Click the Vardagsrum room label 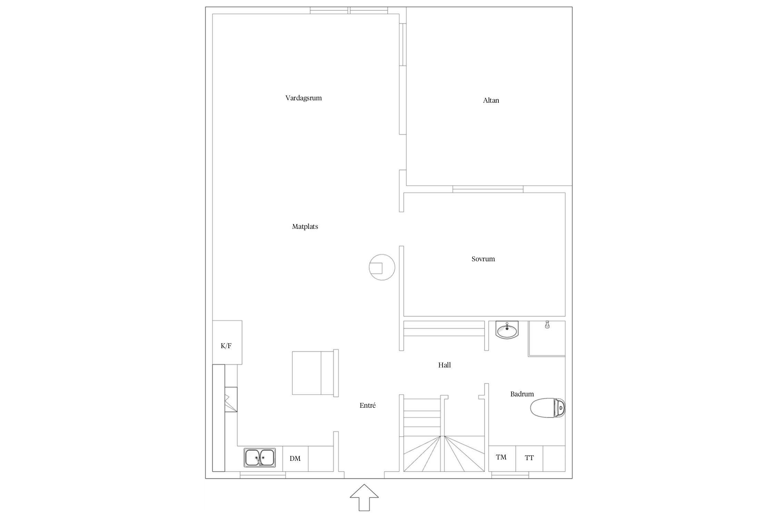tap(304, 98)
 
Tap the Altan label tap(491, 101)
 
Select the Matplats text tap(305, 227)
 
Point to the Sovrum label tap(483, 259)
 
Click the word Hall tap(445, 365)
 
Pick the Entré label tap(368, 405)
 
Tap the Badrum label tap(522, 394)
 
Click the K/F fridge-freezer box tap(227, 342)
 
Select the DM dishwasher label tap(295, 459)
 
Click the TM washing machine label tap(501, 457)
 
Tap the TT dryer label tap(529, 458)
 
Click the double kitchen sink tap(260, 458)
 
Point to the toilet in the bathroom tap(548, 408)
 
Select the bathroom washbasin tap(507, 330)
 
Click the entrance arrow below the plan tap(364, 497)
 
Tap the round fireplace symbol tap(382, 267)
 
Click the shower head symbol tap(547, 324)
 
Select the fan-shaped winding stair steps tap(444, 454)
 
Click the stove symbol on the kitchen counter tap(231, 399)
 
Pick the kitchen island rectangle tap(315, 373)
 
